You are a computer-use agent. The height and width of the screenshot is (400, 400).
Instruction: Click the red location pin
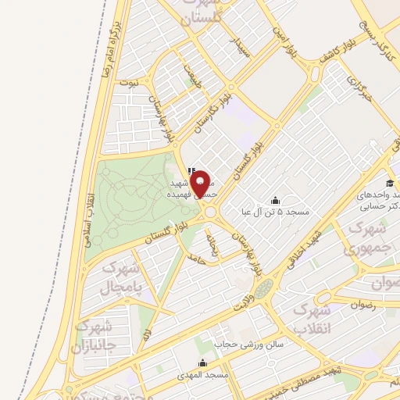coord(202,183)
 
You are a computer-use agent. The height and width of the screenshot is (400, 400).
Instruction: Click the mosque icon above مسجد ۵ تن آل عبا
coord(274,200)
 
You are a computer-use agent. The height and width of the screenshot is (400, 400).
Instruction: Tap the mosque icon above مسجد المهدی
coord(203,362)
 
